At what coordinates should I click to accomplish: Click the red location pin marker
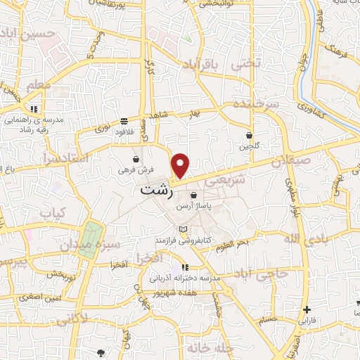pos(181,165)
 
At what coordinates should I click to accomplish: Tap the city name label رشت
pos(155,190)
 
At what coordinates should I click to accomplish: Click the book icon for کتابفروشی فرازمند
pos(184,230)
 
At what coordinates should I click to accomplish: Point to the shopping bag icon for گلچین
pos(250,135)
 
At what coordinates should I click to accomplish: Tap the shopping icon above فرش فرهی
pos(136,159)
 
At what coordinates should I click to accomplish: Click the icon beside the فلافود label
pos(124,120)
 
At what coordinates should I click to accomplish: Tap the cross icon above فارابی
pos(306,310)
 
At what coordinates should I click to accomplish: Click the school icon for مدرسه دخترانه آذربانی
pos(185,267)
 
